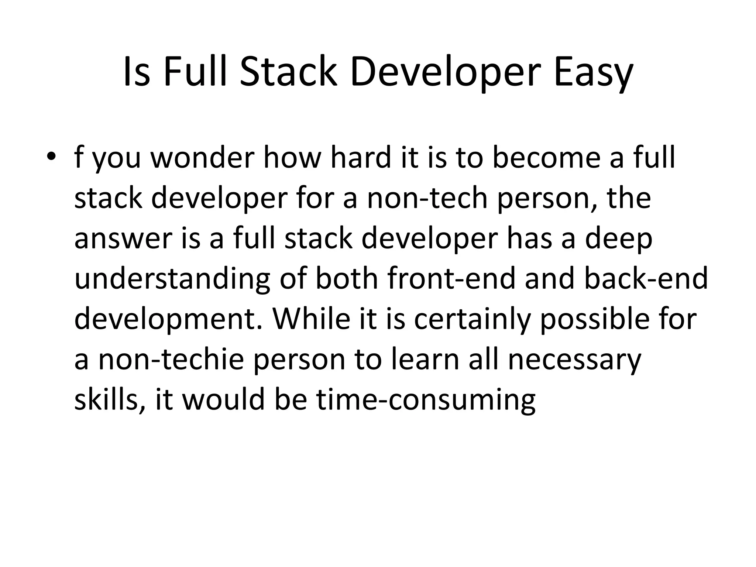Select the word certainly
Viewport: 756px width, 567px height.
472,320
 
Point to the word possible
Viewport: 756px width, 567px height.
595,320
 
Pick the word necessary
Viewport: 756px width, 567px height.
574,360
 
